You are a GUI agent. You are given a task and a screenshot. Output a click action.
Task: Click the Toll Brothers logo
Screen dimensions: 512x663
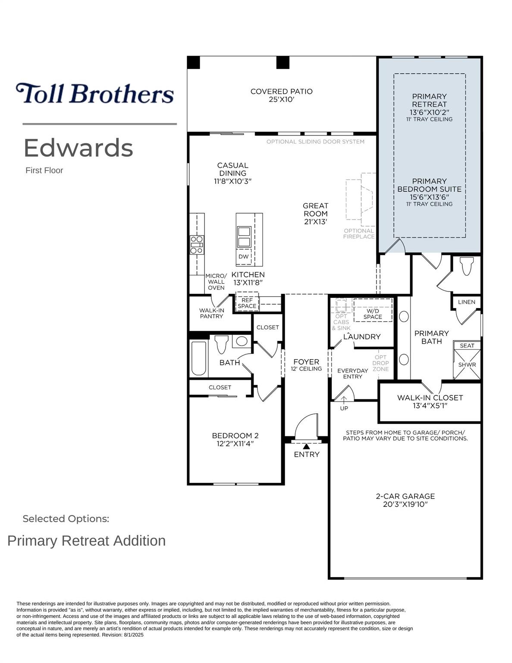click(95, 93)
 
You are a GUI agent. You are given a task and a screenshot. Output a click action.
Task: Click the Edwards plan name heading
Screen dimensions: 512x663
click(79, 148)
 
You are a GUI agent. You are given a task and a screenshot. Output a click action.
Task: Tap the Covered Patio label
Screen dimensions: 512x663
click(281, 95)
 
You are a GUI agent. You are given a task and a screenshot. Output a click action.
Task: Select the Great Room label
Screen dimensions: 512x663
click(315, 214)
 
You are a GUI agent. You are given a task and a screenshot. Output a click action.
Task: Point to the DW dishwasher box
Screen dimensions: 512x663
click(244, 256)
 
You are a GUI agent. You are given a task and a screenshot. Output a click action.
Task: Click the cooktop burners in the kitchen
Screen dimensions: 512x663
click(197, 245)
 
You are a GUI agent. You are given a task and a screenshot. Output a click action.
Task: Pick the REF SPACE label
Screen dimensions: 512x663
click(247, 303)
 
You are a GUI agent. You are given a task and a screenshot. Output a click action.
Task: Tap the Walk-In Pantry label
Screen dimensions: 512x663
click(211, 313)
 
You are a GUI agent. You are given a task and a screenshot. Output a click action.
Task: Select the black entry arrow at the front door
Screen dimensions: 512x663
click(307, 446)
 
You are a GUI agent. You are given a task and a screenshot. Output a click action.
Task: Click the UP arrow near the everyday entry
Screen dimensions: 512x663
click(344, 399)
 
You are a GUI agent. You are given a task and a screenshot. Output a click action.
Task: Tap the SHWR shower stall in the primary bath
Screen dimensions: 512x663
click(467, 364)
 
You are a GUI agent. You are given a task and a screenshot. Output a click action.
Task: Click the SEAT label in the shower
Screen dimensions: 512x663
click(467, 345)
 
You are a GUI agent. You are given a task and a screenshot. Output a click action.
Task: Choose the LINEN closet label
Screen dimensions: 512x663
click(467, 302)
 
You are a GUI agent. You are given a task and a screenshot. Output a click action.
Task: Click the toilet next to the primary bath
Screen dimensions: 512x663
click(467, 266)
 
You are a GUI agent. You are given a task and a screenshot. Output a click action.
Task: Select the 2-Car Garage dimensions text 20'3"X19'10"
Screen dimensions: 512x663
click(405, 504)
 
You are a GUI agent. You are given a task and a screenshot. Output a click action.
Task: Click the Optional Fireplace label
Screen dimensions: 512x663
click(359, 234)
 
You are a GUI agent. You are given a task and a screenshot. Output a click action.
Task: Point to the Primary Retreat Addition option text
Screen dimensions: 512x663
click(86, 541)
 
